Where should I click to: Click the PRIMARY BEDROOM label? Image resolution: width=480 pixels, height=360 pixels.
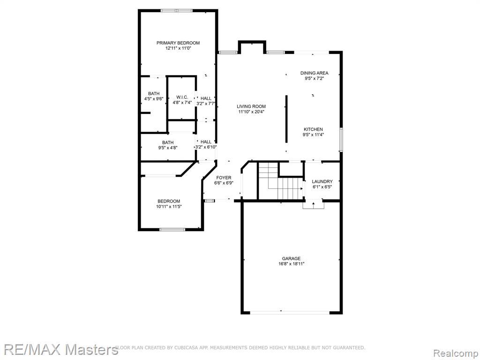[178, 43]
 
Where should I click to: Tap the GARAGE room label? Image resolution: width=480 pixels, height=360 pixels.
[291, 258]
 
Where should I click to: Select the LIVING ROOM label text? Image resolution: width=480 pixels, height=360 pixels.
[251, 106]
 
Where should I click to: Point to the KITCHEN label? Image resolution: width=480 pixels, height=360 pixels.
[313, 129]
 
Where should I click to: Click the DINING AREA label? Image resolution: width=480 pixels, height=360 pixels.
[314, 73]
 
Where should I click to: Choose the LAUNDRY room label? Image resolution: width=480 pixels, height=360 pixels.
[322, 181]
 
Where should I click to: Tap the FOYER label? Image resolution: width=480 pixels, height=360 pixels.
[224, 178]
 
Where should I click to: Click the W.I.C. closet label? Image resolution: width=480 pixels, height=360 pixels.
[182, 97]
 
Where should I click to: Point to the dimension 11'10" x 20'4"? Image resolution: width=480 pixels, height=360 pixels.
[251, 112]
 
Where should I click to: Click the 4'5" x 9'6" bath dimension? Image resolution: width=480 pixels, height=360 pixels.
[154, 99]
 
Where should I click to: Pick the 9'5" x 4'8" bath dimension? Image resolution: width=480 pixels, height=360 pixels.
[168, 148]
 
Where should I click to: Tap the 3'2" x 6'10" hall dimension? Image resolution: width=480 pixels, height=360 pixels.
[206, 147]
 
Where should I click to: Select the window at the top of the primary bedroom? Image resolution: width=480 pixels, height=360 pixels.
[177, 11]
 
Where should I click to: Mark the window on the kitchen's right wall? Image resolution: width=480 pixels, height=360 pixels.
[341, 140]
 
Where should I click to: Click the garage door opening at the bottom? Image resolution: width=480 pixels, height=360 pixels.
[290, 313]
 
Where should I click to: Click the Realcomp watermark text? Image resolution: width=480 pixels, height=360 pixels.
[456, 353]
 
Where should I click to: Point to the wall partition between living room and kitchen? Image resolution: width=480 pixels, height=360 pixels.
[286, 119]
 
